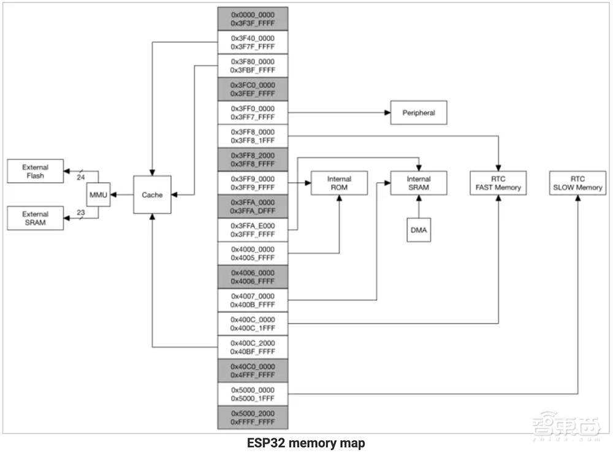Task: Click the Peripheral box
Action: (419, 113)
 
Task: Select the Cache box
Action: (152, 195)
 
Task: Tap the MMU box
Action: (98, 195)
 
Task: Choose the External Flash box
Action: (35, 171)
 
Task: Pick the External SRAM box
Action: (35, 218)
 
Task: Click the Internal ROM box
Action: (339, 183)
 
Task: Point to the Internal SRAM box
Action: (419, 183)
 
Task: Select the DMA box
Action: (419, 230)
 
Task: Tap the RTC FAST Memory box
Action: (498, 183)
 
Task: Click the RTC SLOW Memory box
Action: (578, 183)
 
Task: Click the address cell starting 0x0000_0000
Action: (253, 19)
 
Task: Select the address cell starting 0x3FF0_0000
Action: (253, 113)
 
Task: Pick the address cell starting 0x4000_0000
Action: (253, 253)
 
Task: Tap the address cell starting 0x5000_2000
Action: (253, 417)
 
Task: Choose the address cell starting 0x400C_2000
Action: (253, 347)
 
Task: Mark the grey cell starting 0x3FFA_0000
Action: (253, 207)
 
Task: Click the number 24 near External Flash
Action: (81, 177)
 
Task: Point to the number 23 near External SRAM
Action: (81, 212)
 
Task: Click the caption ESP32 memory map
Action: (306, 443)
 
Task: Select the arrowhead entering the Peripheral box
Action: (387, 113)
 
